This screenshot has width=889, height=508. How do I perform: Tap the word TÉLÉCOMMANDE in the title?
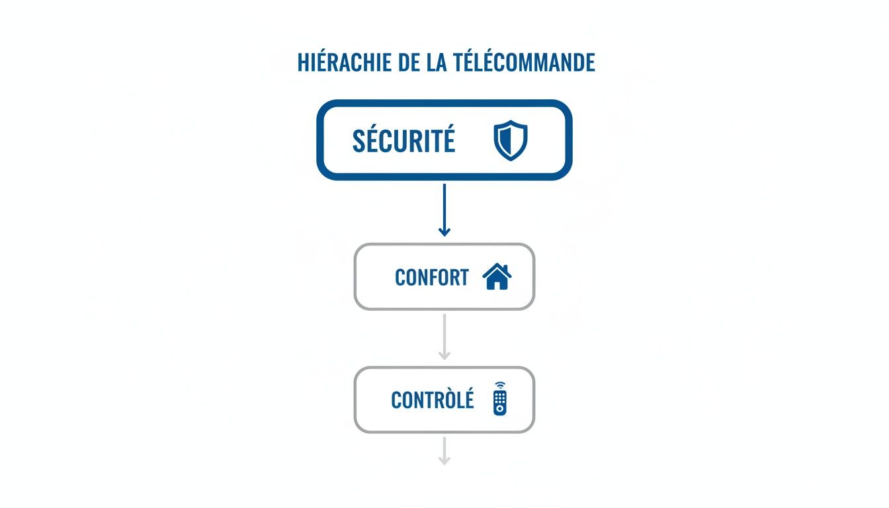click(525, 62)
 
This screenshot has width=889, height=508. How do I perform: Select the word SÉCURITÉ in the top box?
click(403, 140)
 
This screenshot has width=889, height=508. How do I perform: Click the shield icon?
click(511, 141)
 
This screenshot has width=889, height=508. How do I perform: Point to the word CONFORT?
click(431, 277)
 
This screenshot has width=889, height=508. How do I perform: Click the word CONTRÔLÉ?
click(433, 400)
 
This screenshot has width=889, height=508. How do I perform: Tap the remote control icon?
click(500, 401)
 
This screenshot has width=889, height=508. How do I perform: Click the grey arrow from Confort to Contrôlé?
click(444, 335)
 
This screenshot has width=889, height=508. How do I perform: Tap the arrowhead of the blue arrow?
click(444, 231)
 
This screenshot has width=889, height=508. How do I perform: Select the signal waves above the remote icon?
click(500, 385)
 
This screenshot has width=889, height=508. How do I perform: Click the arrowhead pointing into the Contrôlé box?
click(444, 356)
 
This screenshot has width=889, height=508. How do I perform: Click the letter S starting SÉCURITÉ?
click(359, 140)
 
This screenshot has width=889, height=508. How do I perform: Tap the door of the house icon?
click(497, 284)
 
